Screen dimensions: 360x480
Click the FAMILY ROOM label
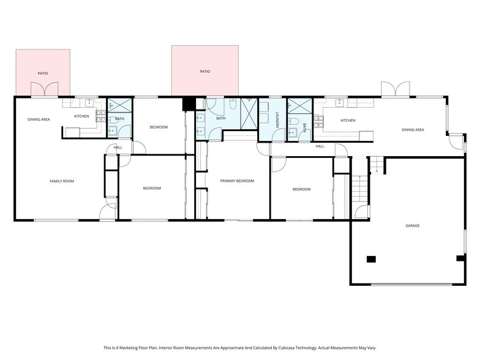62,181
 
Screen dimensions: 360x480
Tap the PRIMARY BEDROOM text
237,181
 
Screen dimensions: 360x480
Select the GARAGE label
412,225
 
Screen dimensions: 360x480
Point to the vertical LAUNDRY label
277,120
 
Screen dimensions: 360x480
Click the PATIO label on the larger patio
204,72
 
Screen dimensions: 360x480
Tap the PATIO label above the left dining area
43,73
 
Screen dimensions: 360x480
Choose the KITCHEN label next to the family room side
81,116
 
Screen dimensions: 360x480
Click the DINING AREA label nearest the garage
413,129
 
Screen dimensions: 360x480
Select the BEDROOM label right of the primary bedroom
301,189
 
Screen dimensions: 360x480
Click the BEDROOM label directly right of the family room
152,188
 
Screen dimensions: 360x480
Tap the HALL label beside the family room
118,147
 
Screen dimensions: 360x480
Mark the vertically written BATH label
304,127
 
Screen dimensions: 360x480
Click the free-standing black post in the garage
370,259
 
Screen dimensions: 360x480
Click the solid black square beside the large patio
189,104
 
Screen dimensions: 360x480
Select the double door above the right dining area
395,89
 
